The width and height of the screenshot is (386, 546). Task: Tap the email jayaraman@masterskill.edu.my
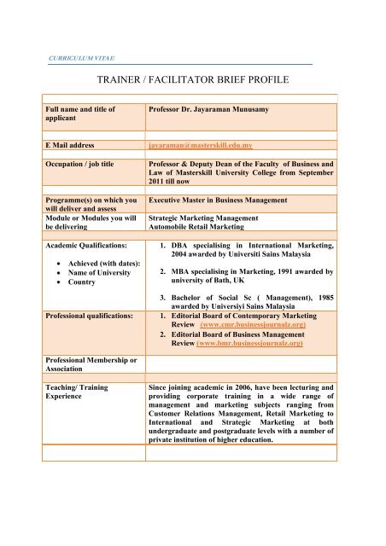pyautogui.click(x=212, y=147)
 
